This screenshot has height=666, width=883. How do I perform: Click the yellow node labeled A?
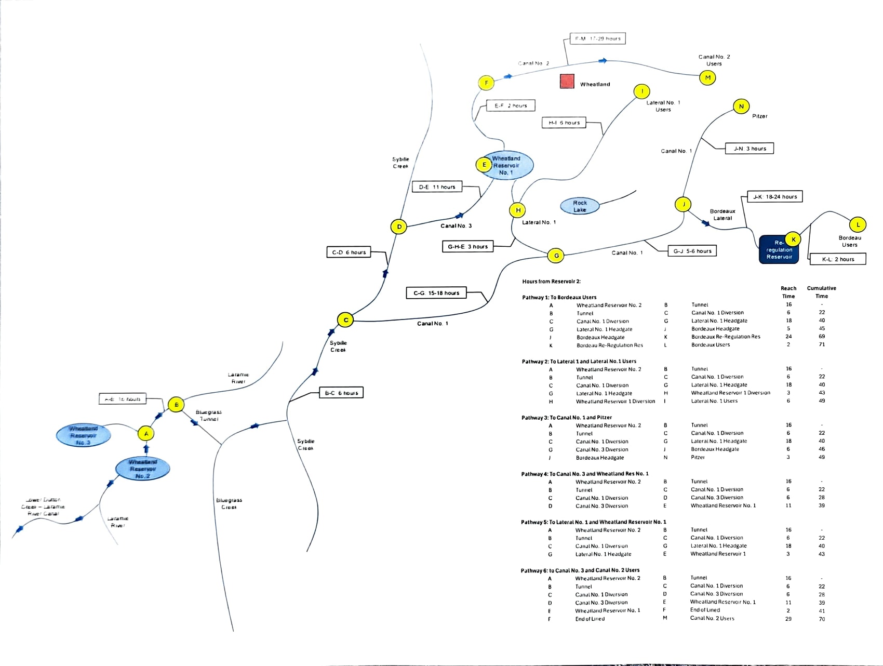146,433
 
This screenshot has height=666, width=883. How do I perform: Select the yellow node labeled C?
345,320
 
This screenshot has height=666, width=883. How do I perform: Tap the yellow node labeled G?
556,255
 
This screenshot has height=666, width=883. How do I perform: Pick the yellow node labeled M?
707,77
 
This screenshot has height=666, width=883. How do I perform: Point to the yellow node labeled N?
741,106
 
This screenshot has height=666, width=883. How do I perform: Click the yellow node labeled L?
858,225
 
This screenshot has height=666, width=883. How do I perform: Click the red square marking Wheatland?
567,82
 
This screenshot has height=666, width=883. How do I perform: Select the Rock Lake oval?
580,206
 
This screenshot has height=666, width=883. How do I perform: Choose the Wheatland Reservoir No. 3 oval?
83,435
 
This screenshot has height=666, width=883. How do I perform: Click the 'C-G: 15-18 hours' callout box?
436,293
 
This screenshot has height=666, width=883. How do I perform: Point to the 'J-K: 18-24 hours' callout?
774,196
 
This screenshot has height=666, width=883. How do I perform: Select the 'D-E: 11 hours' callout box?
437,187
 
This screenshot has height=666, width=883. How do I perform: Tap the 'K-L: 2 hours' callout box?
837,259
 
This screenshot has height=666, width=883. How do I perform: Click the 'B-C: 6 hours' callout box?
341,393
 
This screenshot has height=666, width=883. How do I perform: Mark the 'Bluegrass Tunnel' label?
208,415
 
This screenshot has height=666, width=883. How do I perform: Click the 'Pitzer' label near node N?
759,116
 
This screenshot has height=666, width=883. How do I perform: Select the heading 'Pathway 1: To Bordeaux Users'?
559,298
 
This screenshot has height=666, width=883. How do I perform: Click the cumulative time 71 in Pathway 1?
822,344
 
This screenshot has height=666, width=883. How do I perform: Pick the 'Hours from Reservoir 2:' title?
551,282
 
